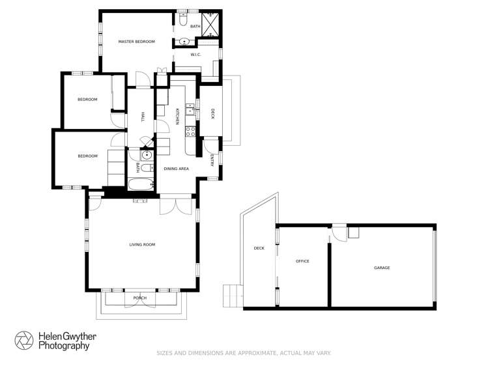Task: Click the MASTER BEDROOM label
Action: [136, 42]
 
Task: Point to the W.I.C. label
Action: [195, 55]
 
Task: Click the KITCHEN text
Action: [177, 116]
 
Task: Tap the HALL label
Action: [142, 117]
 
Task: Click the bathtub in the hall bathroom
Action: [139, 185]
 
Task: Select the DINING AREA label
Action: [176, 169]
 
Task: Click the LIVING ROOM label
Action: [142, 244]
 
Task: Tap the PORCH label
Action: [139, 298]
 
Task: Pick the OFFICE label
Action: [302, 261]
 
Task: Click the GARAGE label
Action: [382, 268]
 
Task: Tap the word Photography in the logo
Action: [63, 346]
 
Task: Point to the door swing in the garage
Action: [339, 232]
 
